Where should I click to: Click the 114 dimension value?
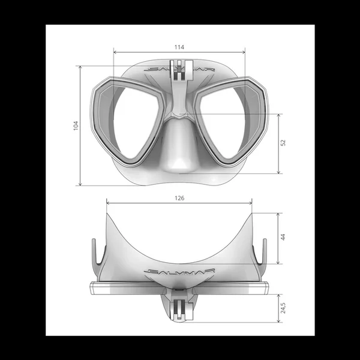[179, 47]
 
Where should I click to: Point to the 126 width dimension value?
[179, 197]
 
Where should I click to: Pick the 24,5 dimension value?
[283, 308]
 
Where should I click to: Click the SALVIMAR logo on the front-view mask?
[178, 70]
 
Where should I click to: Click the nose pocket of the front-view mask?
[179, 147]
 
